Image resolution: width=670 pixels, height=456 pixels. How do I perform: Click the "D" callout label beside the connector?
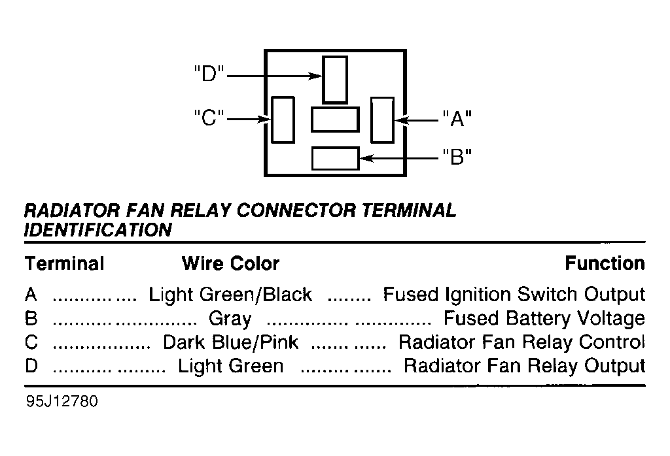tap(209, 74)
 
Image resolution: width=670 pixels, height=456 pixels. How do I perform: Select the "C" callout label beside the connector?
tap(209, 117)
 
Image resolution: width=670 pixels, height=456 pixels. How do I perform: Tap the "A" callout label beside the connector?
tap(457, 118)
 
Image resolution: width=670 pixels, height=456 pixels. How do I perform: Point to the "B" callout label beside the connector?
tap(457, 157)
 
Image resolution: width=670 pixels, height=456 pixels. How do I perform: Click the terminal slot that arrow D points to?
tap(335, 80)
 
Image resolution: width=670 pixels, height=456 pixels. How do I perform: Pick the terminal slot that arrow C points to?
tap(283, 120)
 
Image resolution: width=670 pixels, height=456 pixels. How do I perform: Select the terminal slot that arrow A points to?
tap(382, 120)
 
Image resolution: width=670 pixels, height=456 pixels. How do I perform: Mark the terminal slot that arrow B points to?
tap(336, 158)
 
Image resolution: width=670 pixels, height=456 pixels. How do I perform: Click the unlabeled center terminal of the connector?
tap(335, 120)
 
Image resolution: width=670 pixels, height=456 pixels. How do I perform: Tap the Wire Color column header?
tap(231, 263)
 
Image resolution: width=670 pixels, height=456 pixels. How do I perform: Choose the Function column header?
tap(605, 263)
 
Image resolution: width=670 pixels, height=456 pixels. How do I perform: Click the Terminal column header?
tap(65, 263)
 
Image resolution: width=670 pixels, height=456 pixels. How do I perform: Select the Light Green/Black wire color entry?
tap(230, 295)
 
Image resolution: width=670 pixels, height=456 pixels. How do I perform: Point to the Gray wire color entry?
tap(230, 319)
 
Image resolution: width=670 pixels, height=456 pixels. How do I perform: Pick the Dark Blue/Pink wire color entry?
tap(231, 342)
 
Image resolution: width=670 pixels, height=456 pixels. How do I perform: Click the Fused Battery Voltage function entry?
tap(544, 319)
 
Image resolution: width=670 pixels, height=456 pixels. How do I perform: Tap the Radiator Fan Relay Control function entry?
tap(521, 342)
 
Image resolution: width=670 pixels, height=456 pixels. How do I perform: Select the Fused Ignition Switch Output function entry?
tap(514, 295)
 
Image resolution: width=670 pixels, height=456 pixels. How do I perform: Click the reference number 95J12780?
tap(62, 401)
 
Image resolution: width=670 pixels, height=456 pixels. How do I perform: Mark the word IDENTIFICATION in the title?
tap(98, 230)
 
